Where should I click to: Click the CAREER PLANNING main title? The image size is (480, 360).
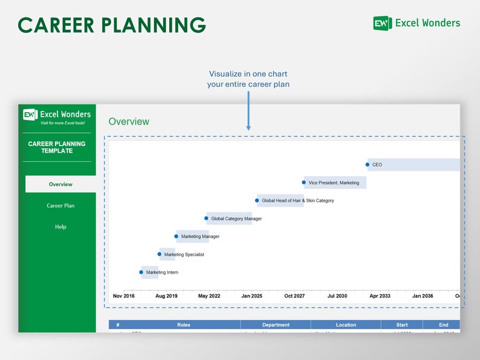pos(112,25)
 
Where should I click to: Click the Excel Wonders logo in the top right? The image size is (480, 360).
pos(417,23)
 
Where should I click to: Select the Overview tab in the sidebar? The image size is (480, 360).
pos(60,184)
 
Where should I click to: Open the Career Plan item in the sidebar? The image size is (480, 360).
pos(60,205)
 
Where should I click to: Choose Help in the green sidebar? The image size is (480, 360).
pos(60,227)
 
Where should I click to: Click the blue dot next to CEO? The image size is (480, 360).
pos(368,164)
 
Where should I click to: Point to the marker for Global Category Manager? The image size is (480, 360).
pos(206,218)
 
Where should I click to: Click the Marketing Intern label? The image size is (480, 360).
pos(162,272)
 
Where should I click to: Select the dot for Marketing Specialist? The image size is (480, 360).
pos(160,254)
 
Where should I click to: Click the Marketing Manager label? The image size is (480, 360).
pos(200,236)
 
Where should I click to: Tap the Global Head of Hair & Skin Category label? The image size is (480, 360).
pos(297,201)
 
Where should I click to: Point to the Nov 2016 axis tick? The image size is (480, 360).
pos(124,296)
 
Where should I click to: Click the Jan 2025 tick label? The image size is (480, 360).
pos(251,296)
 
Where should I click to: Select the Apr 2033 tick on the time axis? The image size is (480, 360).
pos(380,296)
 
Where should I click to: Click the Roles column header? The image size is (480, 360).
pos(184,325)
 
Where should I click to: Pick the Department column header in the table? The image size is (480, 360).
pos(276,325)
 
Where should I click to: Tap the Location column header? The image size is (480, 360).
pos(346,325)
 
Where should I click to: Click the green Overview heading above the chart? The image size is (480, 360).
pos(129,121)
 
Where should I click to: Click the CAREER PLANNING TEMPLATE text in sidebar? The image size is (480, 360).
pos(57,147)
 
